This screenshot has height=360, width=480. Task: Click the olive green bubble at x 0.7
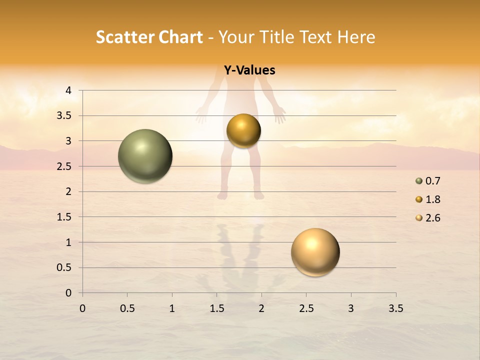point(145,156)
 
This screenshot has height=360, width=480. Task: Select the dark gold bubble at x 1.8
point(243,130)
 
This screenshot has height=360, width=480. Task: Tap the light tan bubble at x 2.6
point(315,252)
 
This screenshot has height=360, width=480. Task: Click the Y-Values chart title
point(249,70)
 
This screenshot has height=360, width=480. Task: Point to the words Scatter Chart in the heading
point(149,37)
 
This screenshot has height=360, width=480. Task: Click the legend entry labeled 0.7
point(428,181)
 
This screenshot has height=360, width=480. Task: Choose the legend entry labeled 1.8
point(428,199)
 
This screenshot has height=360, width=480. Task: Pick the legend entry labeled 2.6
point(428,218)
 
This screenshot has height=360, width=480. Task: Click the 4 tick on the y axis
point(68,90)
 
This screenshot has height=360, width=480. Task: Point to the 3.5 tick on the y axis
point(64,116)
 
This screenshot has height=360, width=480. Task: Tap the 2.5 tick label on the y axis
point(64,166)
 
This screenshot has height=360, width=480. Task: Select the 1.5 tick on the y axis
point(64,217)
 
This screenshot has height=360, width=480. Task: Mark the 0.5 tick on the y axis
point(64,267)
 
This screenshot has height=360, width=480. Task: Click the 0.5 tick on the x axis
point(127,308)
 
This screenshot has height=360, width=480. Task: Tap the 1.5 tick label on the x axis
point(216,308)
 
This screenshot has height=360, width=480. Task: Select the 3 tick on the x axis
point(351,308)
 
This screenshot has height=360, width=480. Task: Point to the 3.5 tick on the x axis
point(395,308)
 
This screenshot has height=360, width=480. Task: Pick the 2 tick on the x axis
point(261,308)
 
